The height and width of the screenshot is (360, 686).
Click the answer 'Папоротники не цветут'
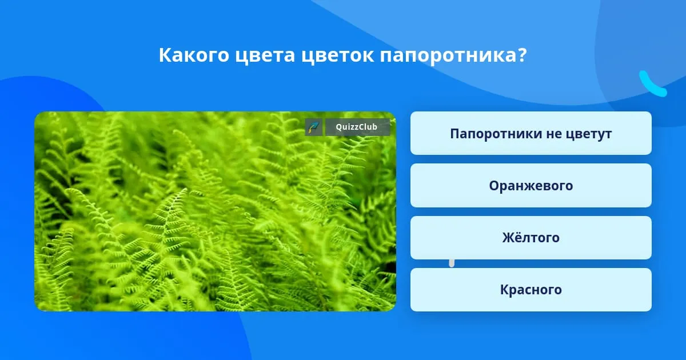pos(531,133)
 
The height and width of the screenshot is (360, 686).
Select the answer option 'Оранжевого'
pos(531,186)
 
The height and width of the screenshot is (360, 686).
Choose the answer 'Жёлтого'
pos(531,238)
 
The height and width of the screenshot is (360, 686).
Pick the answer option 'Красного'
pos(531,290)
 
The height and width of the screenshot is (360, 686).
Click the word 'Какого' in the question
pos(194,55)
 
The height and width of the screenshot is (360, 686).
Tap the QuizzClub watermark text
pos(356,127)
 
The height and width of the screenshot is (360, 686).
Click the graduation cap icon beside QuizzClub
pos(314,127)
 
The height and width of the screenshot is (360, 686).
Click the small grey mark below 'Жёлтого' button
pos(452,263)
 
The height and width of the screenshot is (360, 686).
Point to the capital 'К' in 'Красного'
pos(505,290)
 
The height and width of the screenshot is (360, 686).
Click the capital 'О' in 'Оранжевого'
pos(494,186)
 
